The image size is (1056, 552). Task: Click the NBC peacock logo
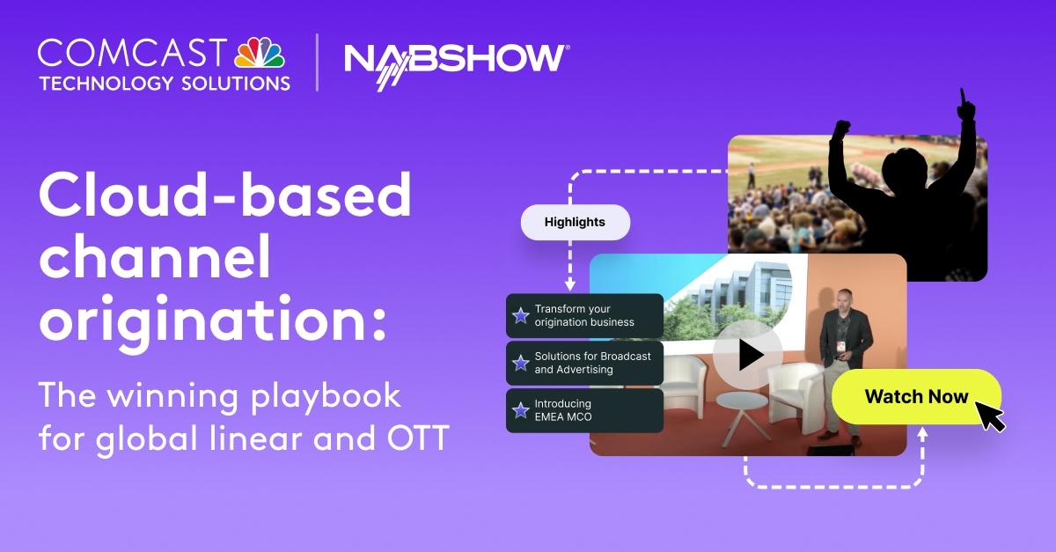(260, 54)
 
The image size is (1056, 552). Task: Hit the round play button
(748, 355)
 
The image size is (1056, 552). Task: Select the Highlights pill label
(576, 222)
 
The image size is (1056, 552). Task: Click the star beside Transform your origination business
(521, 315)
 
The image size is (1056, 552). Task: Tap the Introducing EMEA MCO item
(584, 410)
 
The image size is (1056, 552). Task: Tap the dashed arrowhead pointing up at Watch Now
(921, 433)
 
